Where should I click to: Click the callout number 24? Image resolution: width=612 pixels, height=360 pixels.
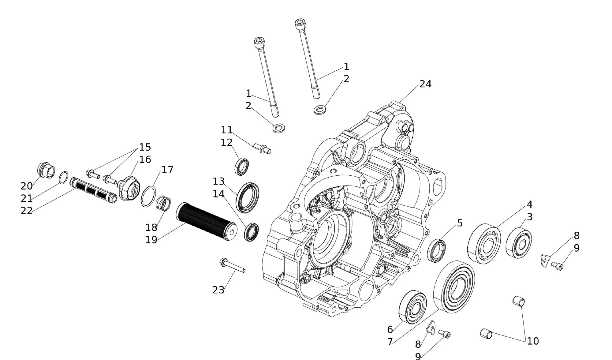425,84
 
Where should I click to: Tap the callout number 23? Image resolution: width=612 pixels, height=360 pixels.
218,290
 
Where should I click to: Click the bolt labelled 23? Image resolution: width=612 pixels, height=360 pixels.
233,266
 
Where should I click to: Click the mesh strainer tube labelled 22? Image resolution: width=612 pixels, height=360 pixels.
93,190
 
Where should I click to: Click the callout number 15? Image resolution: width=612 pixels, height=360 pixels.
145,147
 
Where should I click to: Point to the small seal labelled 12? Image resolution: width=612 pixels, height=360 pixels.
242,166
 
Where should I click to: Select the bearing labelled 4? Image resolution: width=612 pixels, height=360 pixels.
484,244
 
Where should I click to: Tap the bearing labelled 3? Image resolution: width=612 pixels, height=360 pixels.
519,242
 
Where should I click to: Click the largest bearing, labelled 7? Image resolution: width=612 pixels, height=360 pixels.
454,287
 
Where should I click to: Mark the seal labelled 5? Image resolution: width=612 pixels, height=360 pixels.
437,251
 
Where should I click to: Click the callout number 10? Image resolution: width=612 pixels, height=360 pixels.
533,341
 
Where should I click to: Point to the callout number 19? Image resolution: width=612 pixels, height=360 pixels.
151,240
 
